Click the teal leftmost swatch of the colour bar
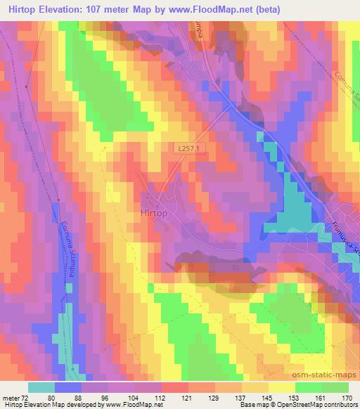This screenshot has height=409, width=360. click(x=41, y=387)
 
